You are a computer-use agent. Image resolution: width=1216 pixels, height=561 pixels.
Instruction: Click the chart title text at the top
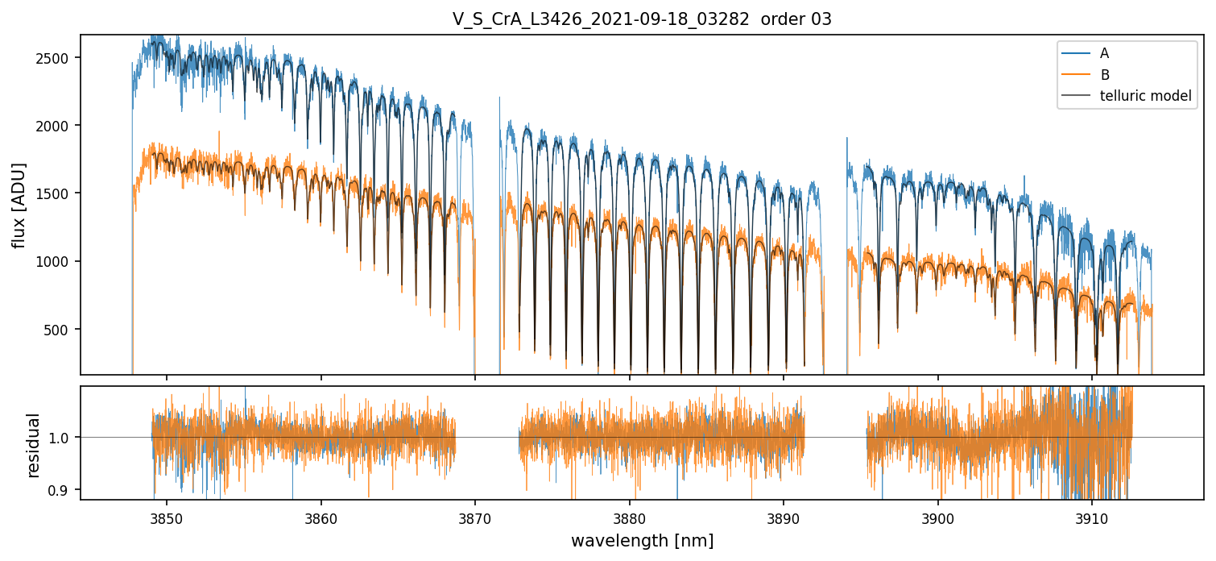pyautogui.click(x=642, y=19)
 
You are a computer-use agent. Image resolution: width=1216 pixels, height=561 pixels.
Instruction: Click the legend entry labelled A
pyautogui.click(x=1104, y=53)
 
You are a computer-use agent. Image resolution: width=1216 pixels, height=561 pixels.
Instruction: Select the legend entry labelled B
pyautogui.click(x=1104, y=75)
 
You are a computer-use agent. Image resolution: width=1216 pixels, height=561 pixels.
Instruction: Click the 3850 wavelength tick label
pyautogui.click(x=167, y=517)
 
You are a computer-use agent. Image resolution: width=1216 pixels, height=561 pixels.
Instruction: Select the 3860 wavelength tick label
pyautogui.click(x=321, y=517)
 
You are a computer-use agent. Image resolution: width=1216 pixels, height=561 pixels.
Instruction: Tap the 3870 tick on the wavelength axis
pyautogui.click(x=475, y=517)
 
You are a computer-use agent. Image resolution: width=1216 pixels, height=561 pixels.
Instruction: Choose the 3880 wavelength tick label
pyautogui.click(x=630, y=517)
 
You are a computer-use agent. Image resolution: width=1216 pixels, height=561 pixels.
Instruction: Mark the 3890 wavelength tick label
pyautogui.click(x=784, y=517)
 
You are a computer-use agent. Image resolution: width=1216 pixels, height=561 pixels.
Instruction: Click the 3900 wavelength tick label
pyautogui.click(x=938, y=517)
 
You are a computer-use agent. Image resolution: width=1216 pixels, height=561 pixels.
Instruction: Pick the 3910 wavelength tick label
pyautogui.click(x=1092, y=517)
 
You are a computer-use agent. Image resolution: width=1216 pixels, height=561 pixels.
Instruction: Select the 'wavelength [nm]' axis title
pyautogui.click(x=642, y=540)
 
